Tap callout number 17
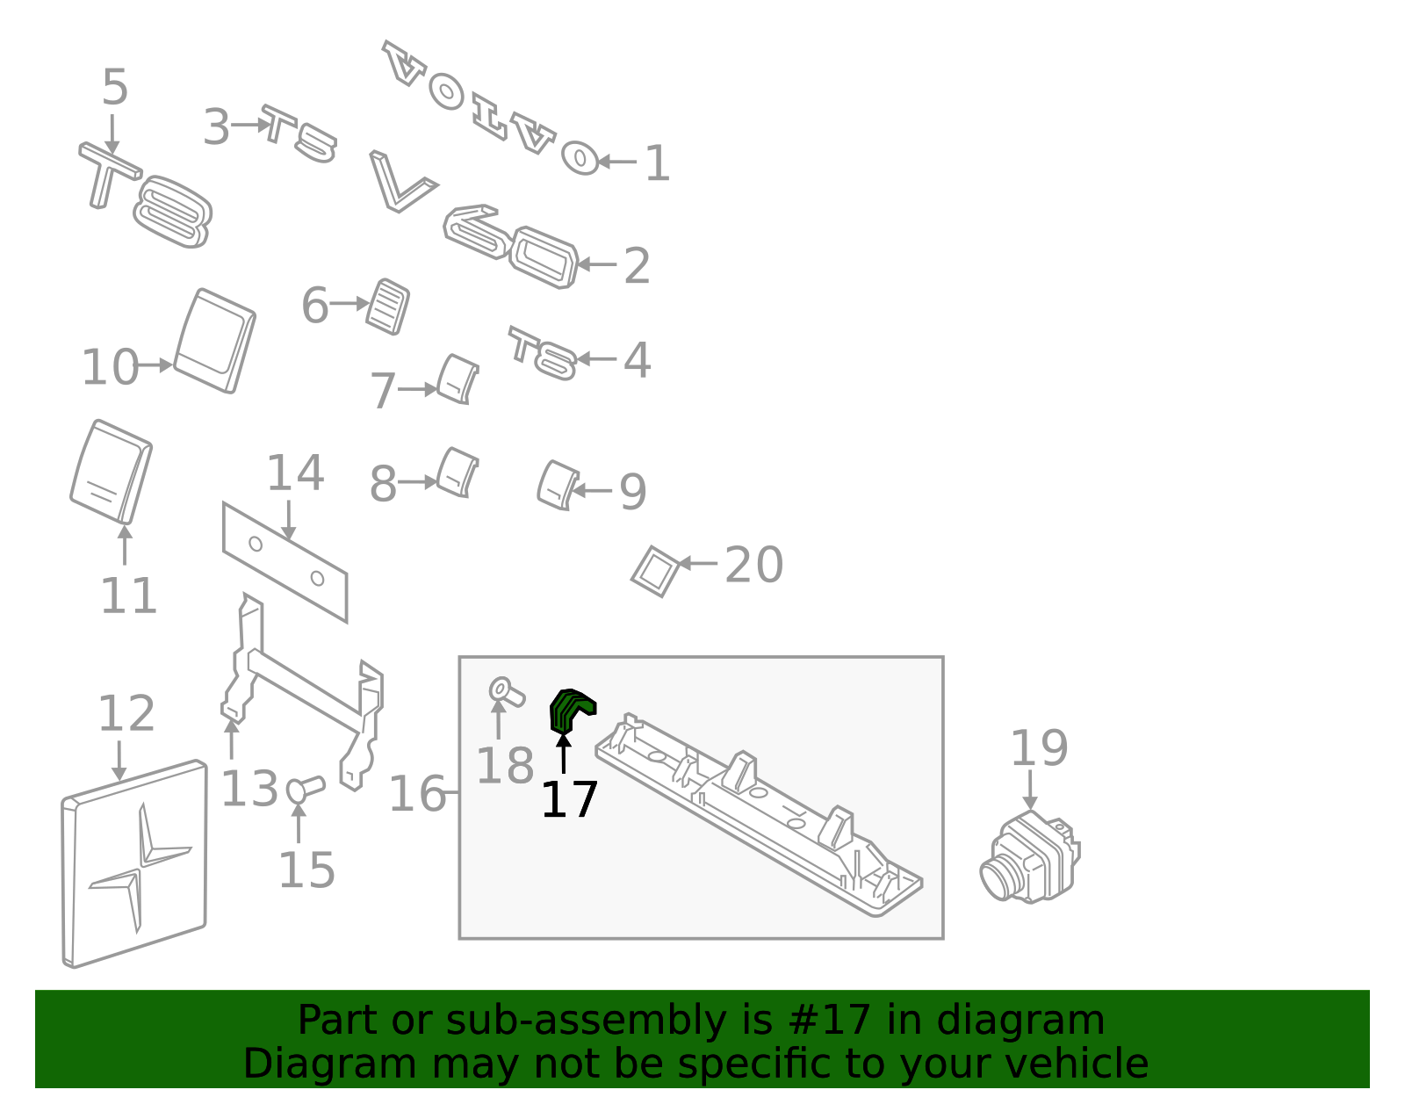[569, 800]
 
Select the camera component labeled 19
[1029, 859]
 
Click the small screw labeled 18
[505, 692]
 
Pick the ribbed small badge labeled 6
[387, 307]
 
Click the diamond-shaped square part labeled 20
[655, 571]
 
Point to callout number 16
[417, 794]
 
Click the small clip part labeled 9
[556, 485]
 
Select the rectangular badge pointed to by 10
[214, 341]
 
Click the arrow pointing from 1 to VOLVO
[617, 162]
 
